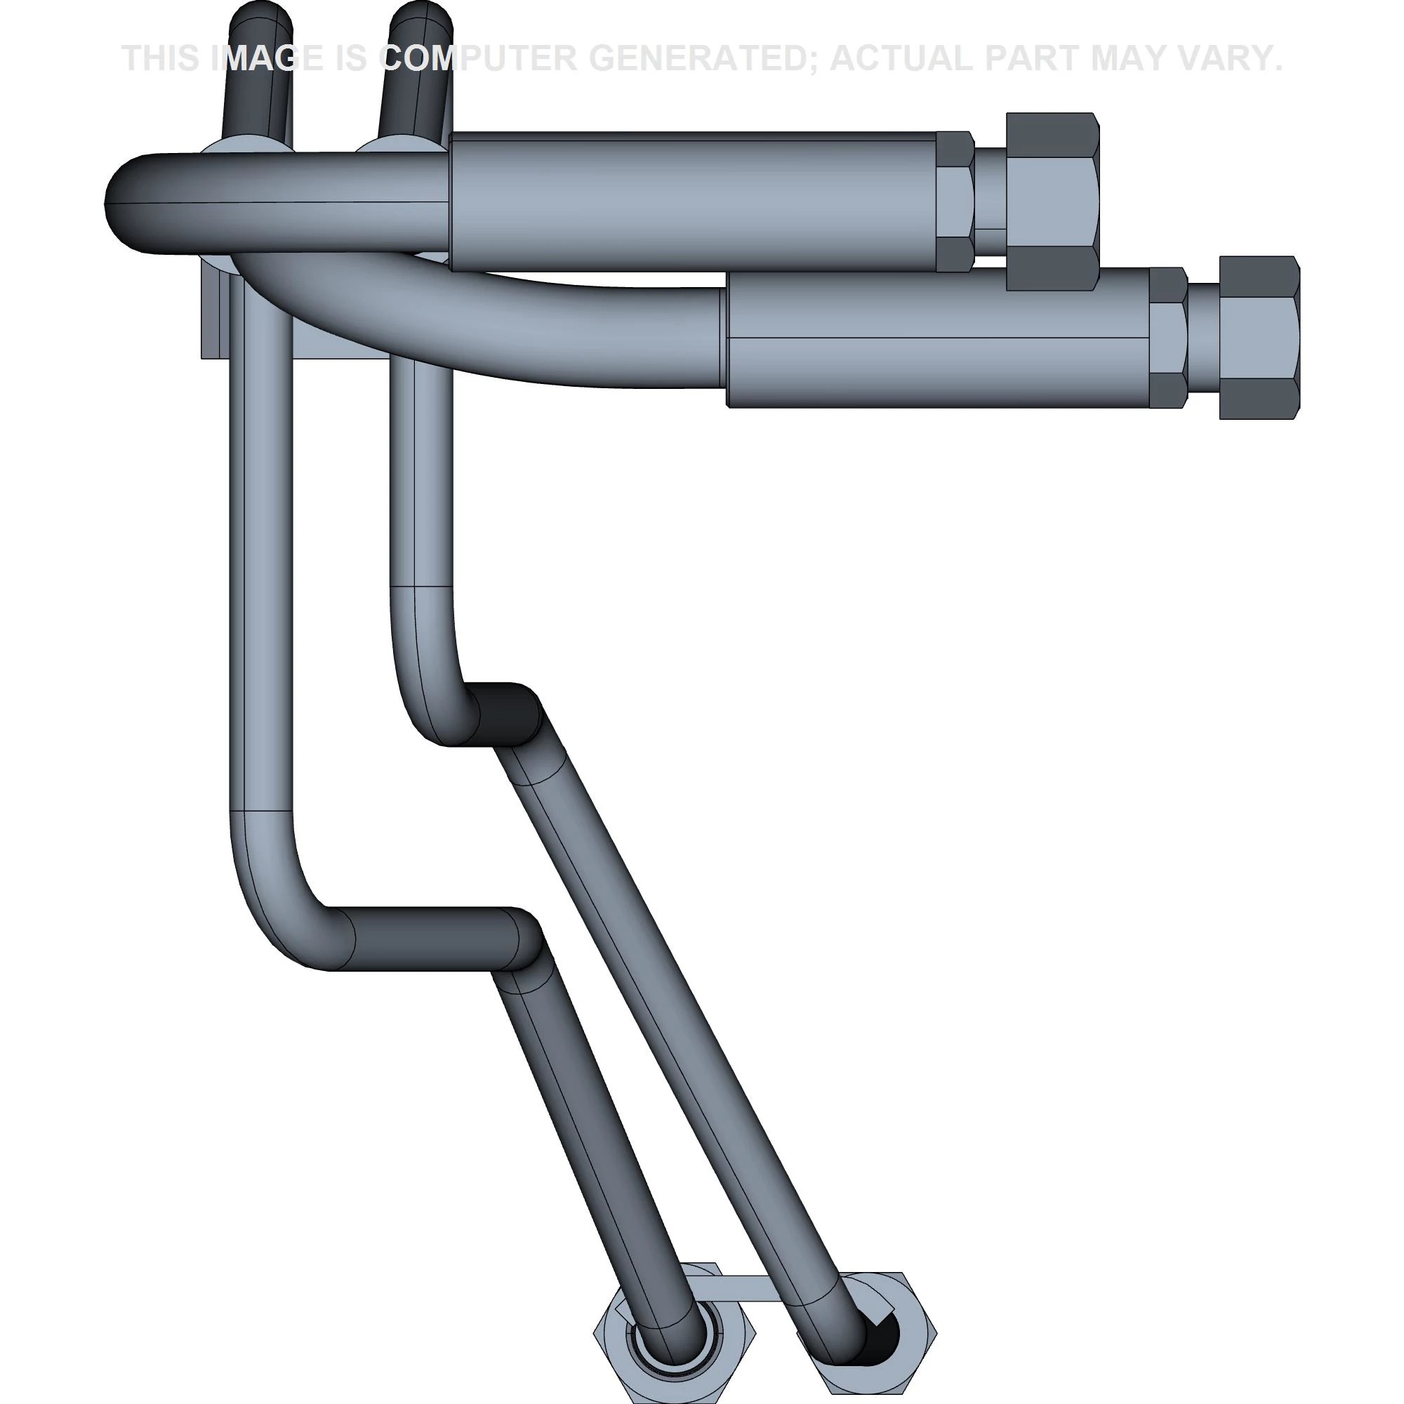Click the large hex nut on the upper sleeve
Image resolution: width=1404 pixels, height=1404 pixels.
[x=1052, y=201]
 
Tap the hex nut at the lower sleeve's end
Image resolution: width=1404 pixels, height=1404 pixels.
[x=1259, y=337]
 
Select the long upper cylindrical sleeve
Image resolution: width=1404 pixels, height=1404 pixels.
[x=690, y=201]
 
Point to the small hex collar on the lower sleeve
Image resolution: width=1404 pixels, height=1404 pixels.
[x=1168, y=337]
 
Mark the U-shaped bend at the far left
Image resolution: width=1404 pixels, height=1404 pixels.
[x=138, y=204]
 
